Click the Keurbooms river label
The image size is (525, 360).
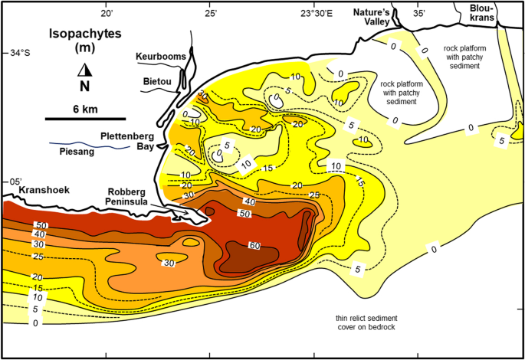pos(160,57)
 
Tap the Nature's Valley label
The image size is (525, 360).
pos(372,18)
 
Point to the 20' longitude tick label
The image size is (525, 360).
pos(107,13)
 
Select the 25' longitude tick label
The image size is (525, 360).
pos(210,13)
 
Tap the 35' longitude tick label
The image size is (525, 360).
pos(418,13)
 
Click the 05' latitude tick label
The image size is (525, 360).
pos(11,181)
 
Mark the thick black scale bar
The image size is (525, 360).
pos(85,119)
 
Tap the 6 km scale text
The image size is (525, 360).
pos(85,109)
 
